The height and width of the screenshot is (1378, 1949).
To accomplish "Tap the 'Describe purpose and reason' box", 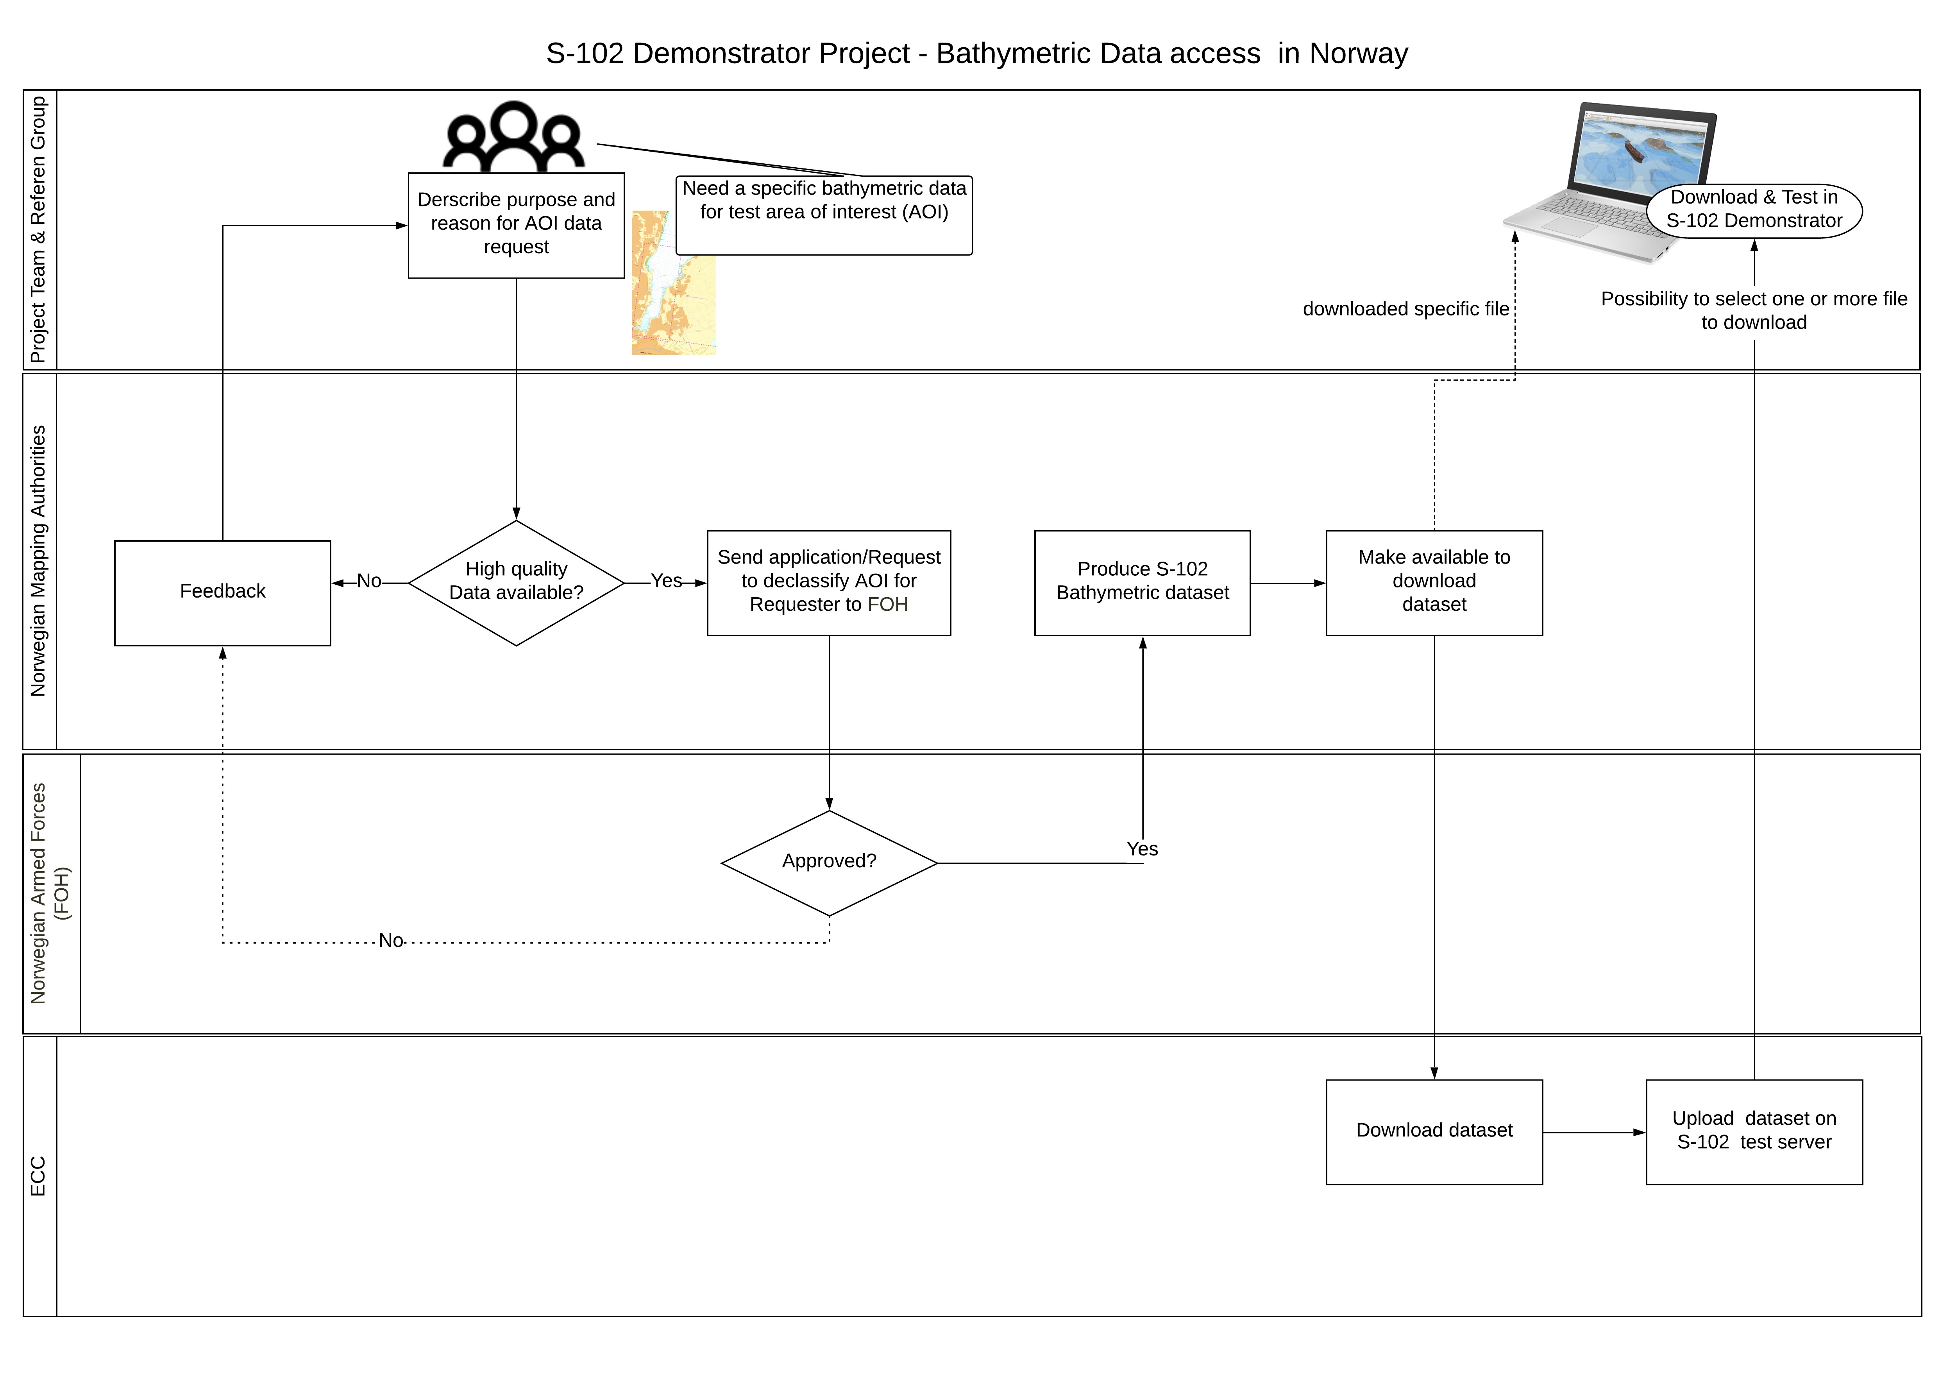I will (516, 225).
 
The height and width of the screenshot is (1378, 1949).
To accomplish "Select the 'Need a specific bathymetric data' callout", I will (823, 214).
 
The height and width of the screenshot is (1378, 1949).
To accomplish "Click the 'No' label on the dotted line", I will (390, 941).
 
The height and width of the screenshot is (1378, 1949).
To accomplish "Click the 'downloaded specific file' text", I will (1406, 309).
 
